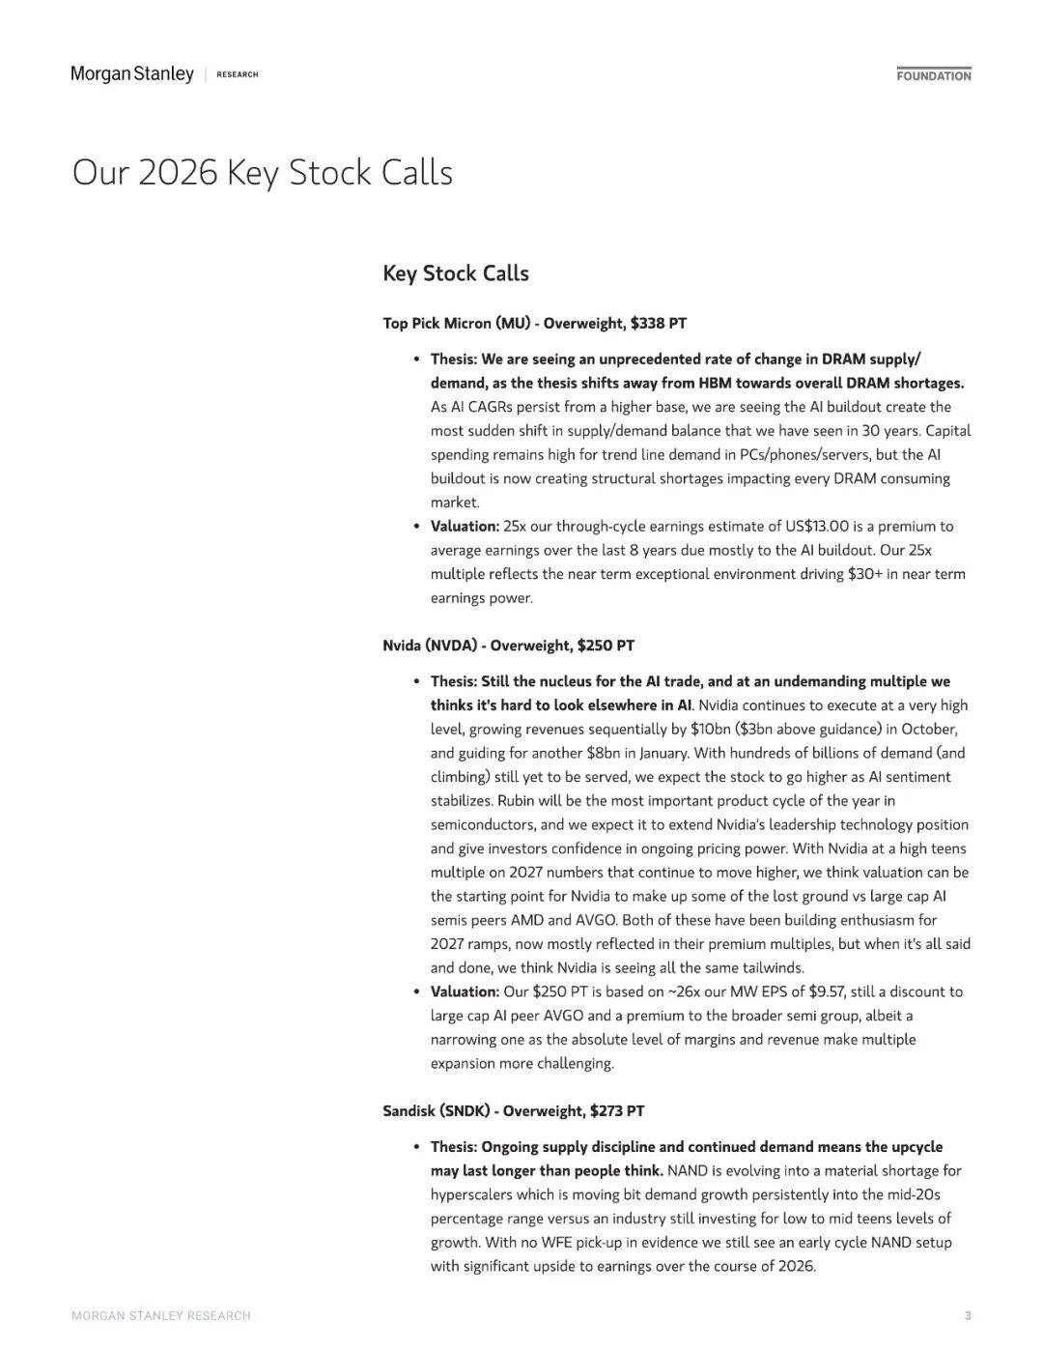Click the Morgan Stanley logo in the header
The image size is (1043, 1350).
tap(132, 74)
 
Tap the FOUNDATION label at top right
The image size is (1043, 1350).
tap(933, 75)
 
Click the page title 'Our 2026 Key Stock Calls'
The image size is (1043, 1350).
tap(262, 173)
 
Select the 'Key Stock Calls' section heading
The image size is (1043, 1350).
tap(455, 273)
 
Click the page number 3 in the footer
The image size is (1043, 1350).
tap(968, 1315)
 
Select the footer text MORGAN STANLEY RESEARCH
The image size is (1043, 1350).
tap(161, 1315)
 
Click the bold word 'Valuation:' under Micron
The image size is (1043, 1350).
tap(465, 527)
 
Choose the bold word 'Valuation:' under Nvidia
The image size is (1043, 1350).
tap(465, 991)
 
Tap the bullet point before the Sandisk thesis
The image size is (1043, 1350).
tap(416, 1147)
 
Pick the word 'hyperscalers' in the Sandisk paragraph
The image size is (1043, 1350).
tap(471, 1194)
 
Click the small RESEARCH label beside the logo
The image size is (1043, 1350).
tap(238, 75)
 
